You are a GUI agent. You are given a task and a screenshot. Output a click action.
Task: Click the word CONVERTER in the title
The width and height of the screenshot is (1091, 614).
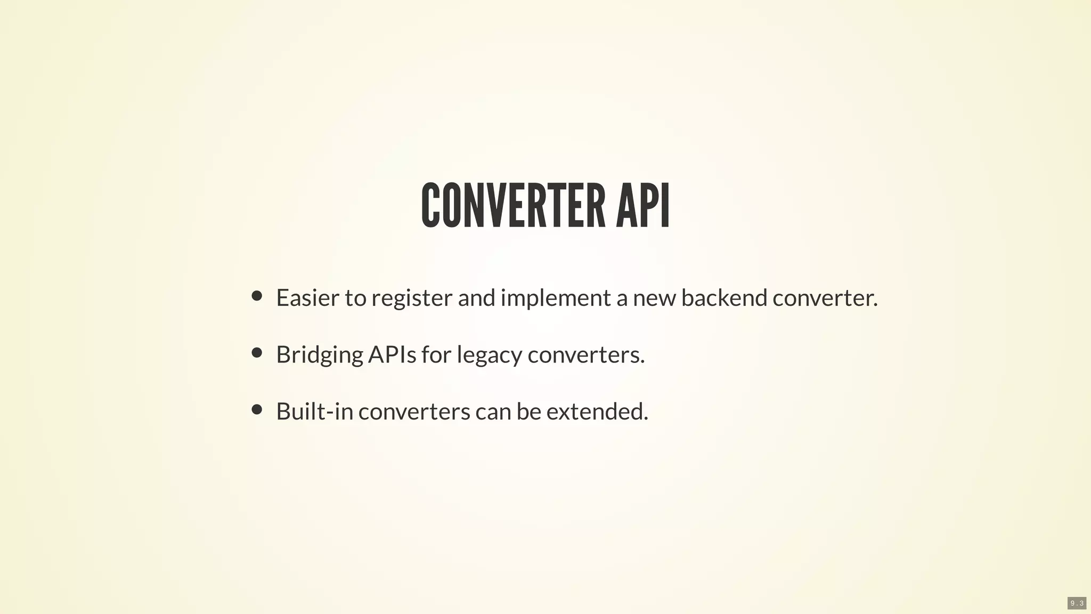pos(513,206)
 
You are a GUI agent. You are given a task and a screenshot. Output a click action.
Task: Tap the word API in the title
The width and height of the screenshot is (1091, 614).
pos(642,206)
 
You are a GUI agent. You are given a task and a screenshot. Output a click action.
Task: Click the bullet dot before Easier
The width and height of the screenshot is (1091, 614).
pos(257,296)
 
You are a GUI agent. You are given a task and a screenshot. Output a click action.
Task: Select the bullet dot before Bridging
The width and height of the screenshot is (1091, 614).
pos(257,352)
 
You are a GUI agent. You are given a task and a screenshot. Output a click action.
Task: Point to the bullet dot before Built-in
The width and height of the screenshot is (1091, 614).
pos(257,409)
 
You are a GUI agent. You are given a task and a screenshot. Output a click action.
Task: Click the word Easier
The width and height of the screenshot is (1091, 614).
pos(307,297)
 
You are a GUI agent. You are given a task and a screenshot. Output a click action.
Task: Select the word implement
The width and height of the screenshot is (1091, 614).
pos(556,298)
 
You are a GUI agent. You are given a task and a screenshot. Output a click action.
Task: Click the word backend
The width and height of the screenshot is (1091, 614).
pos(724,297)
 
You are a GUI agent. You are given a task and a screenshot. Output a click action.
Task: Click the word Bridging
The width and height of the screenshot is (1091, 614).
pos(320,355)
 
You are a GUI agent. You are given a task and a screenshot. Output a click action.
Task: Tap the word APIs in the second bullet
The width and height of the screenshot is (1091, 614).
pos(392,354)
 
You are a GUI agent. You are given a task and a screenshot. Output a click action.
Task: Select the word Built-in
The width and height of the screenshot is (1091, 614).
pos(314,411)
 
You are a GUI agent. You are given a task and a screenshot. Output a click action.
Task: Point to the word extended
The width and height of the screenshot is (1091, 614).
pos(597,411)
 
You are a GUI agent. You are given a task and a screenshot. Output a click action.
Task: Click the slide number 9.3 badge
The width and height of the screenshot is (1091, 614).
pos(1077,603)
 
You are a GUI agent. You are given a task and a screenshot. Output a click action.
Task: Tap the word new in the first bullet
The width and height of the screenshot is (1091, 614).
pos(654,298)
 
